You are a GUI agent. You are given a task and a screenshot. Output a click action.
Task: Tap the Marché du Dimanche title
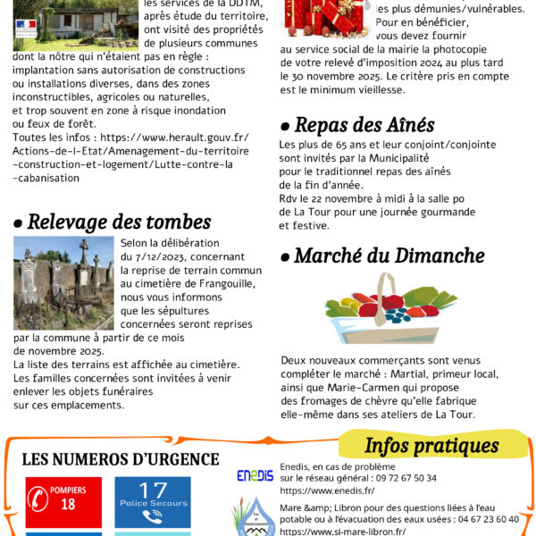(376, 255)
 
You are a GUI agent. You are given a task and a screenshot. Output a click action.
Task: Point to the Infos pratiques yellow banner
(431, 445)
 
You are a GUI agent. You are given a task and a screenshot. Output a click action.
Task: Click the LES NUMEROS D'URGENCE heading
(120, 459)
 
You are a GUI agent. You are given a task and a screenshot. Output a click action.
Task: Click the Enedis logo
(255, 475)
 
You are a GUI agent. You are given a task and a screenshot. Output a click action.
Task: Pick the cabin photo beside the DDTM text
(50, 21)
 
